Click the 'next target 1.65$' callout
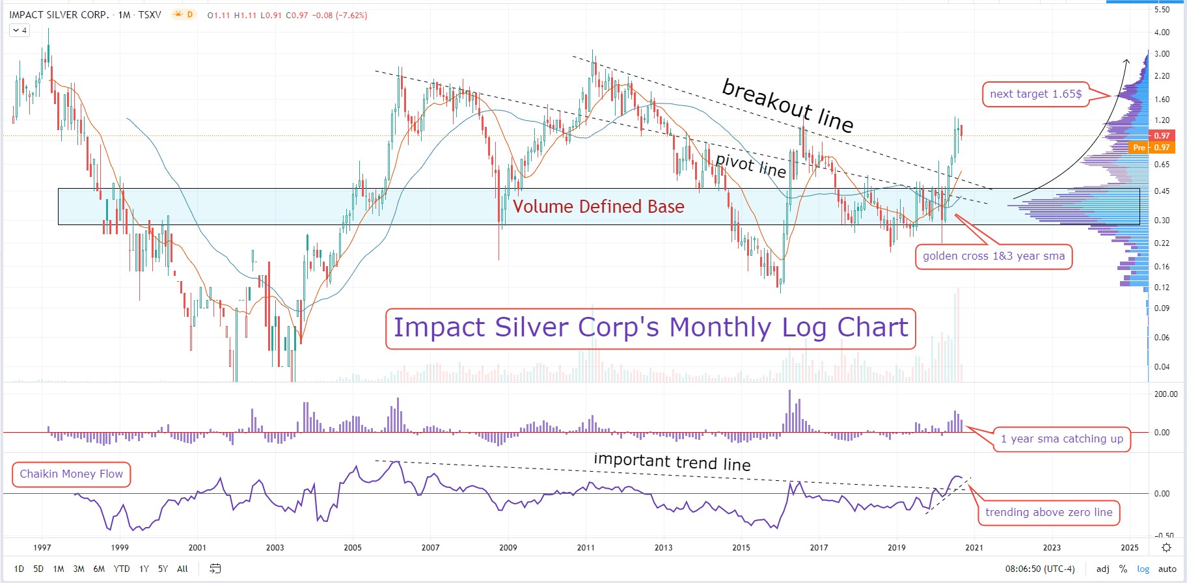pyautogui.click(x=1035, y=94)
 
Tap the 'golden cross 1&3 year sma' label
pyautogui.click(x=993, y=256)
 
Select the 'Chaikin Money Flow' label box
pyautogui.click(x=71, y=474)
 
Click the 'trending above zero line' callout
pyautogui.click(x=1048, y=512)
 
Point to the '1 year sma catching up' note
pyautogui.click(x=1061, y=439)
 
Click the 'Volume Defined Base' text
pyautogui.click(x=598, y=207)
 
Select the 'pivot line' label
pyautogui.click(x=750, y=165)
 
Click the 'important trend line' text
pyautogui.click(x=672, y=462)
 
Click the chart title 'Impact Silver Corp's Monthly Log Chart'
pyautogui.click(x=650, y=328)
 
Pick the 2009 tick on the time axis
pyautogui.click(x=508, y=547)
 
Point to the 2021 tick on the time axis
pyautogui.click(x=974, y=547)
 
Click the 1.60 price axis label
pyautogui.click(x=1162, y=100)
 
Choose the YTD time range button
pyautogui.click(x=122, y=569)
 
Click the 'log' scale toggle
pyautogui.click(x=1143, y=569)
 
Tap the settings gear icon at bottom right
pyautogui.click(x=1167, y=547)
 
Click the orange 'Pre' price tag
pyautogui.click(x=1139, y=148)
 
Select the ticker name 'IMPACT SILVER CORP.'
pyautogui.click(x=59, y=15)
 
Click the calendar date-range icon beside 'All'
pyautogui.click(x=215, y=569)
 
